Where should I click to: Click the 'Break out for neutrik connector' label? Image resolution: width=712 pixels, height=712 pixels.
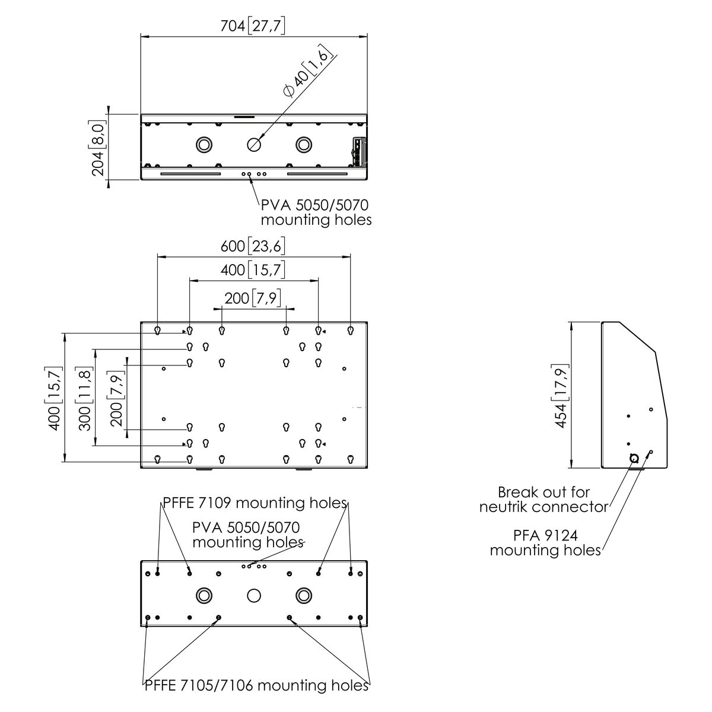pos(544,499)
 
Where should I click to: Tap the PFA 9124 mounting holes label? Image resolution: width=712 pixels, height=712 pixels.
pos(545,542)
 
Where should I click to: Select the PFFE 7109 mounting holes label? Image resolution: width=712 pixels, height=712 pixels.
pos(255,503)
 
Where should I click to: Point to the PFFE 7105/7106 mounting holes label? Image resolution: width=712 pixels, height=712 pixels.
pos(257,686)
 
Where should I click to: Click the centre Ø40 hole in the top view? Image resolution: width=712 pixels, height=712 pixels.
pos(254,144)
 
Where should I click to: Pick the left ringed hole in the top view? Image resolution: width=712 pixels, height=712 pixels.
pos(204,144)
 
